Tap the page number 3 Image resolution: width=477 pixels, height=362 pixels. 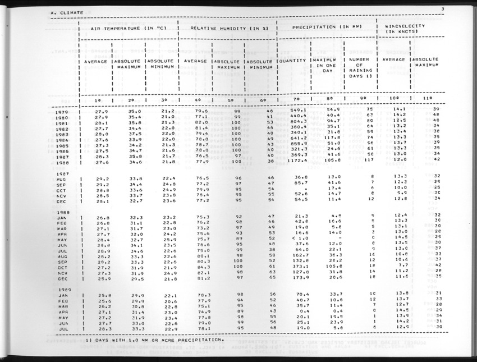click(443, 8)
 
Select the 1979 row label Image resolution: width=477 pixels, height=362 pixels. click(63, 112)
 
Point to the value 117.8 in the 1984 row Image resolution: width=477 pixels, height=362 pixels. click(332, 138)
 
